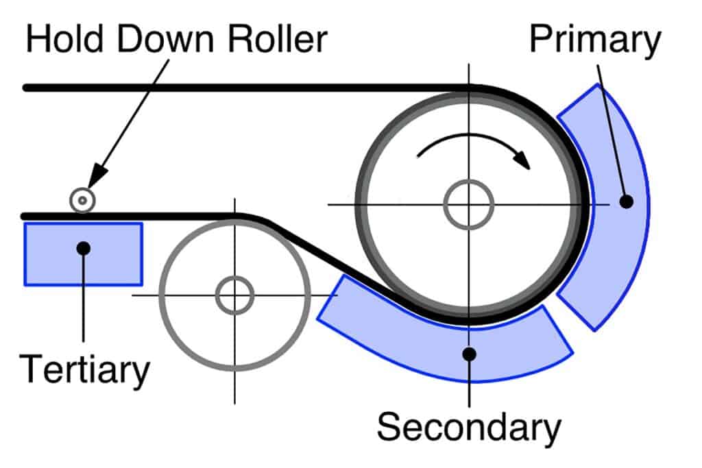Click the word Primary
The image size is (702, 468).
pyautogui.click(x=594, y=42)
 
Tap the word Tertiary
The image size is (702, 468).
pyautogui.click(x=84, y=369)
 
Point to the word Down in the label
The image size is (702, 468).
pyautogui.click(x=162, y=40)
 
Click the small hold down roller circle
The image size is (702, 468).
pyautogui.click(x=82, y=201)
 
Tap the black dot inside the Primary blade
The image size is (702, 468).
pyautogui.click(x=625, y=201)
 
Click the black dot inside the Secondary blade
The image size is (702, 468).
pyautogui.click(x=469, y=354)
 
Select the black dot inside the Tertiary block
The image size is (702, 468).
pyautogui.click(x=84, y=247)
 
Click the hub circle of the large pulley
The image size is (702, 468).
pyautogui.click(x=469, y=204)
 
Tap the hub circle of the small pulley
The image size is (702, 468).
pyautogui.click(x=234, y=296)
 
